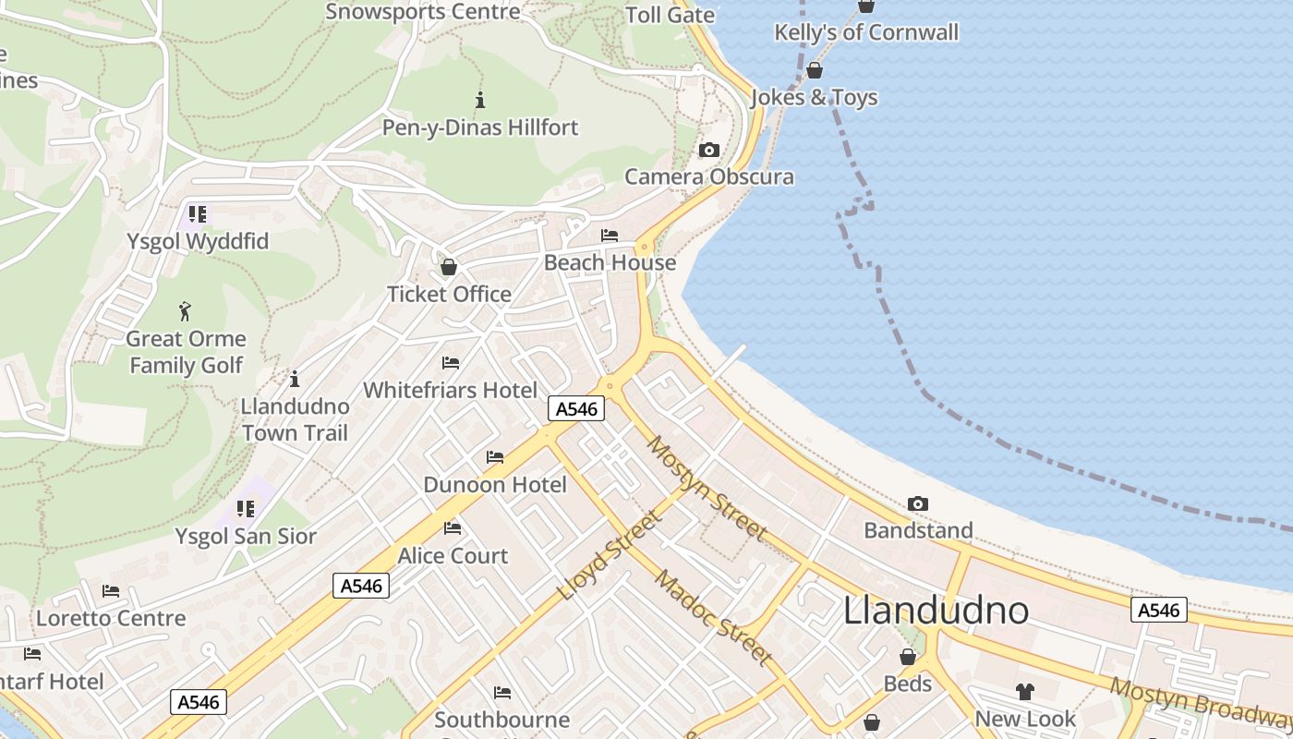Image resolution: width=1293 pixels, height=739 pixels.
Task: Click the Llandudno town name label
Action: (x=936, y=611)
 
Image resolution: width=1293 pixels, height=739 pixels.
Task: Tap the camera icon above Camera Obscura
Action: (x=709, y=150)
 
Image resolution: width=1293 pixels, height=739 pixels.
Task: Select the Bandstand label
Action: (x=918, y=530)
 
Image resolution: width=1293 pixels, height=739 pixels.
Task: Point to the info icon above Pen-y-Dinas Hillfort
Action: (x=479, y=100)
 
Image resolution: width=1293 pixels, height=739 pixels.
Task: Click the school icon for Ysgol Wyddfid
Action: (x=197, y=214)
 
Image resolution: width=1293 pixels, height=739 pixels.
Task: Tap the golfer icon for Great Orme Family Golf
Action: (x=186, y=311)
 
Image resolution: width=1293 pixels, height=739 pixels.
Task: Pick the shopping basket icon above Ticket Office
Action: (x=449, y=267)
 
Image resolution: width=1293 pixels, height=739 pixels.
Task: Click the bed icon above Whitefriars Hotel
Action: (x=451, y=363)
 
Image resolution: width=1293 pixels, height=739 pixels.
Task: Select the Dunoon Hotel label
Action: (x=495, y=485)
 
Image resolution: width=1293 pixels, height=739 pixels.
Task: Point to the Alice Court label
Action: (x=453, y=556)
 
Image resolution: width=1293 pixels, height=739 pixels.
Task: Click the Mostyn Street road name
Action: (x=707, y=489)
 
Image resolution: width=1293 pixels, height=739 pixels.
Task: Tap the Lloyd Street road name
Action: (x=610, y=554)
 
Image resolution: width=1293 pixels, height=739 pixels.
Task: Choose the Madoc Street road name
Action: (x=713, y=617)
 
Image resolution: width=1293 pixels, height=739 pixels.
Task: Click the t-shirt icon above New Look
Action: (x=1025, y=691)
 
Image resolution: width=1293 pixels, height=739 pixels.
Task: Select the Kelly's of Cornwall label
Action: (x=866, y=32)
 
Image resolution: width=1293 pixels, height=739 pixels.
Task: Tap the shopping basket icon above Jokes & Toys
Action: (x=815, y=70)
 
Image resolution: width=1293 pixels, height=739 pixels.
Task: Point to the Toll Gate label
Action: (x=671, y=15)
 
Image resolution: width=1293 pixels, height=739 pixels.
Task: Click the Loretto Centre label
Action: (x=111, y=618)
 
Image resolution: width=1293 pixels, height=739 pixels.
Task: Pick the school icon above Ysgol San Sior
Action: (x=246, y=509)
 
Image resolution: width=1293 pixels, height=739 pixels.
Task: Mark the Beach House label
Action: (x=610, y=262)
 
